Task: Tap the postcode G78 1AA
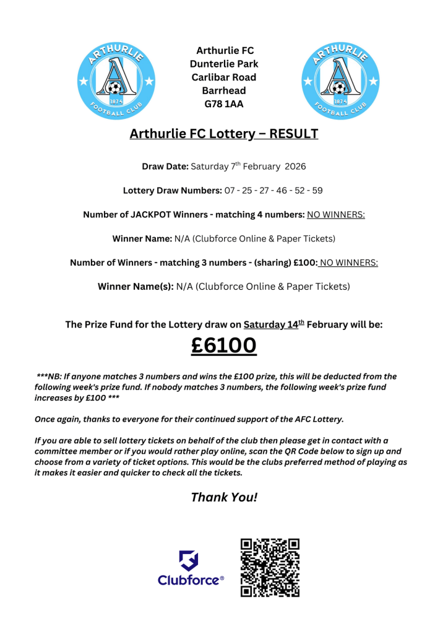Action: click(224, 104)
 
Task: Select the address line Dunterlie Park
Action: click(224, 64)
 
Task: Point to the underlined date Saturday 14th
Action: click(272, 324)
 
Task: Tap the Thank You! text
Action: click(223, 497)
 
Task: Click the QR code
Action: click(270, 567)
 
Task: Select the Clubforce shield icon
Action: click(189, 561)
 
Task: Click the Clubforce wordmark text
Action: click(190, 580)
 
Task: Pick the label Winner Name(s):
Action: click(136, 287)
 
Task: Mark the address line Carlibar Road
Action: click(224, 77)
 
